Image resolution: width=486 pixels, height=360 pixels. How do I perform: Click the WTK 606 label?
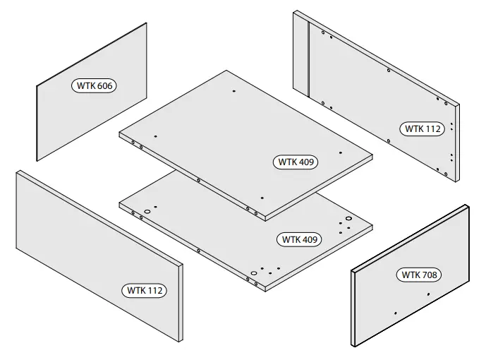click(x=94, y=85)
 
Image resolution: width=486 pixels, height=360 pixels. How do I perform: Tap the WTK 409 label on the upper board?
click(x=296, y=162)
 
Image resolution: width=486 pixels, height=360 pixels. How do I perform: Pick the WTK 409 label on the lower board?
click(x=301, y=239)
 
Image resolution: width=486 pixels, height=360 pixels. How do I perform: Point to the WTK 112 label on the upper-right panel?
click(x=423, y=128)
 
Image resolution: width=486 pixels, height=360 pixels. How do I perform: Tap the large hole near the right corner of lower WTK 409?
click(x=348, y=221)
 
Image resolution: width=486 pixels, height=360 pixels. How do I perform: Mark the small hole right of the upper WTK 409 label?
click(x=341, y=153)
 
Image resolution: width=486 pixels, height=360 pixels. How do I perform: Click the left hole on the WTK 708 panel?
click(x=396, y=312)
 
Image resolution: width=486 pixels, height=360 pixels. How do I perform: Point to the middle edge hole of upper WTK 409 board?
click(x=200, y=180)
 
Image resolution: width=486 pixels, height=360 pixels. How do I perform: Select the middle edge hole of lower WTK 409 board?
click(x=200, y=249)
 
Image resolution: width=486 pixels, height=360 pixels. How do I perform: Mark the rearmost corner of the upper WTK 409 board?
click(x=226, y=71)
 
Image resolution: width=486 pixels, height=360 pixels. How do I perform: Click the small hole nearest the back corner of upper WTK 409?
click(x=233, y=91)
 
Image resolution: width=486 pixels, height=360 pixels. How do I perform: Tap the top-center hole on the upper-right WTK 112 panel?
click(x=389, y=70)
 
